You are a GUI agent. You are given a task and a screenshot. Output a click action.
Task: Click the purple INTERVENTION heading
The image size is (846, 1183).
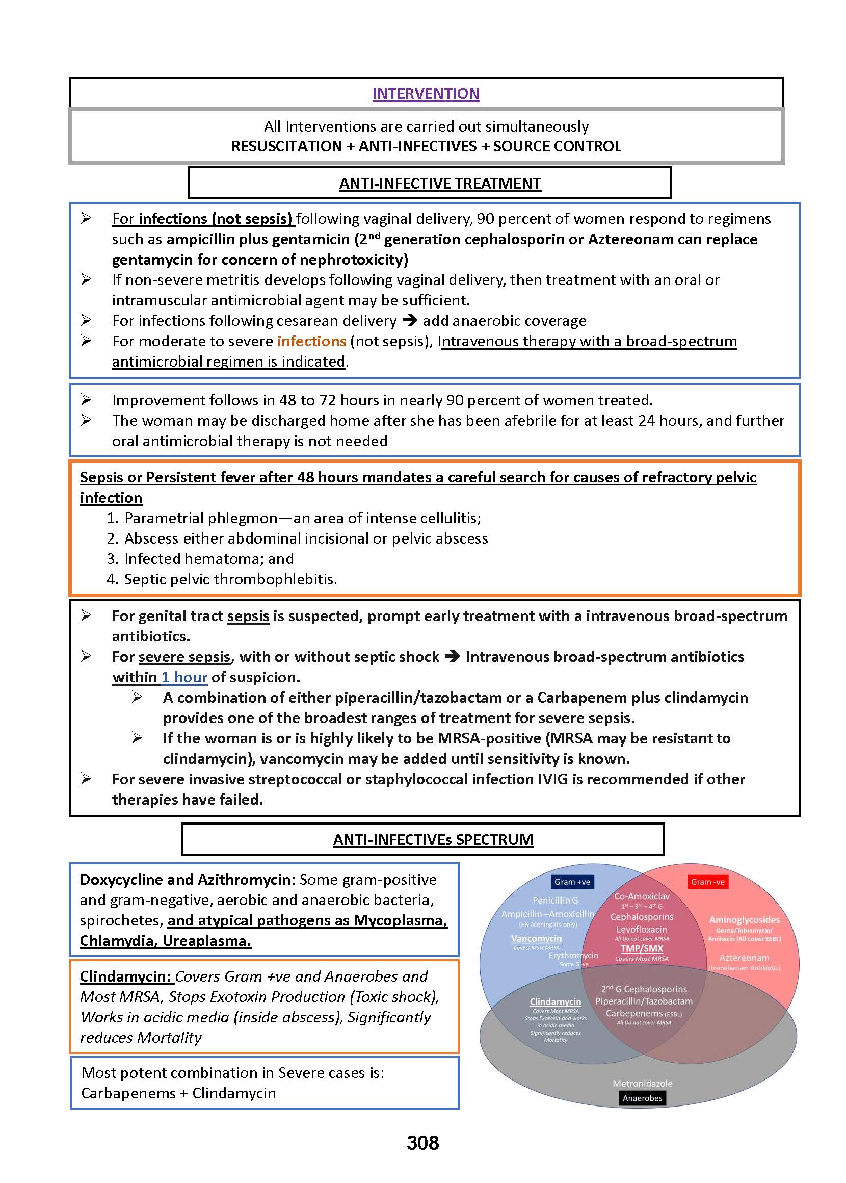(426, 94)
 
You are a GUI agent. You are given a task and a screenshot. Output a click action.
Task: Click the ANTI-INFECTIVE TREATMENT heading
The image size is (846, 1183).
(440, 184)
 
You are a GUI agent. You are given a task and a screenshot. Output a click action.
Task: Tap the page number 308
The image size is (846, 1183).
(422, 1143)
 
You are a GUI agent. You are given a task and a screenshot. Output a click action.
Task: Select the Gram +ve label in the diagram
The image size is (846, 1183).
(572, 882)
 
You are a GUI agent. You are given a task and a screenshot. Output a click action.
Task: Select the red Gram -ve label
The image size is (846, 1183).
(707, 882)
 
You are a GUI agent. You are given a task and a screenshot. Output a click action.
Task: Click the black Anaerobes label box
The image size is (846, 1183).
(642, 1098)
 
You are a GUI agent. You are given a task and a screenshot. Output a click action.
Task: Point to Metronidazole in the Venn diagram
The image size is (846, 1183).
(642, 1083)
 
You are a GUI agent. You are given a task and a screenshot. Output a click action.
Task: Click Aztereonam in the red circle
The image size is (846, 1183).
(744, 957)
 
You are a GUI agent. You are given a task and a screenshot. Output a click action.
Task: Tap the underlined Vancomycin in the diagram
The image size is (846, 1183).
(536, 938)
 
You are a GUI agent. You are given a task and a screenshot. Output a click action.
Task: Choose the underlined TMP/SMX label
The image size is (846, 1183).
(641, 948)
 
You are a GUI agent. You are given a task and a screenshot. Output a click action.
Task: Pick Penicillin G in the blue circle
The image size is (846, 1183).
(555, 900)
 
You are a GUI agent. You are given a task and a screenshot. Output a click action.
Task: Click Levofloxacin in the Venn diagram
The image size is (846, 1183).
(641, 929)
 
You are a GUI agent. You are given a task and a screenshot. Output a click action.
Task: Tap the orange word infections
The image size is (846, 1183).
(311, 341)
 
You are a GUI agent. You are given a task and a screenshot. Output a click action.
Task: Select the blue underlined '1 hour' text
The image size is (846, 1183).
(184, 677)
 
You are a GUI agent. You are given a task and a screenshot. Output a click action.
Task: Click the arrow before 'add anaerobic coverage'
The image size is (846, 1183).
(410, 320)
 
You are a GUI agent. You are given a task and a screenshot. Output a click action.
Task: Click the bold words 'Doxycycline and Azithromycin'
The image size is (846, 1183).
(185, 879)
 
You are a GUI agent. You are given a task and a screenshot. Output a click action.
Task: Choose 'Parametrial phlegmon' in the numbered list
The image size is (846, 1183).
(201, 518)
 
